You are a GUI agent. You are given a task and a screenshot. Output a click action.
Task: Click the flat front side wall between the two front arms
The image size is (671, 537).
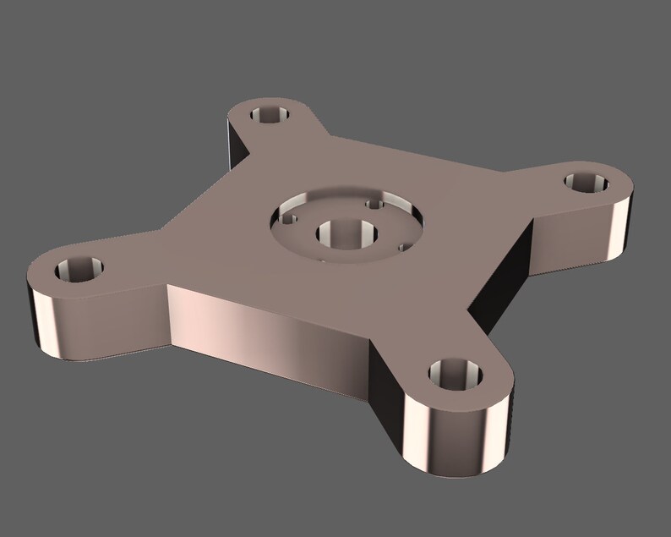[270, 330]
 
